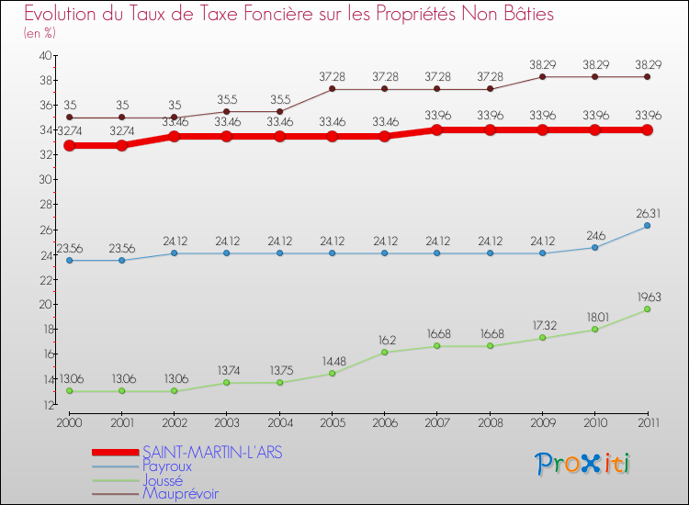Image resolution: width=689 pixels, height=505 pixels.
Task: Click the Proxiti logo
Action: pos(583,464)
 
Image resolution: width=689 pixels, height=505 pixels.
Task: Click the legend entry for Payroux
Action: pos(167,466)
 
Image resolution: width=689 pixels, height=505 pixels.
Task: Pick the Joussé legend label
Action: pos(163,479)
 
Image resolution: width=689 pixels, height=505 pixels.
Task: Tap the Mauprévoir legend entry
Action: pos(180,493)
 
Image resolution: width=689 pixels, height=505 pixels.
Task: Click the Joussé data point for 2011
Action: pos(647,309)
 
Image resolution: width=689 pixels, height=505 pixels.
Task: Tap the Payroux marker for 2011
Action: pos(647,226)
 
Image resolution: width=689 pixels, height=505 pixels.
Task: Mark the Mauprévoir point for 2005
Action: pos(333,89)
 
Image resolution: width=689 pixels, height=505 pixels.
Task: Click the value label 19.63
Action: pos(647,297)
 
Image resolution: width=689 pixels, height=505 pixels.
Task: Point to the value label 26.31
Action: pos(647,213)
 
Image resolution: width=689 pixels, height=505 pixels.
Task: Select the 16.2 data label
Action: pos(385,340)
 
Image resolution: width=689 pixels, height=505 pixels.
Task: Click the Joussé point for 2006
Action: pos(385,353)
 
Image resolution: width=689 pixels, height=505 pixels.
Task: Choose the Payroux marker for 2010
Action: pos(594,247)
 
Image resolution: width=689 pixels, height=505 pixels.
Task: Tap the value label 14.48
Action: pos(333,361)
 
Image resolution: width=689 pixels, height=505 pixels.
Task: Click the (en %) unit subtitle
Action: pos(40,33)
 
